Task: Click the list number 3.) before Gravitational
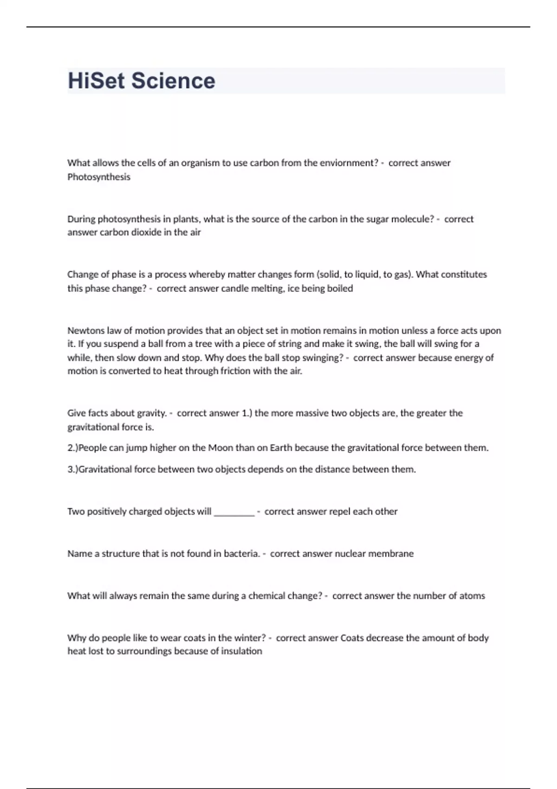tap(72, 469)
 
